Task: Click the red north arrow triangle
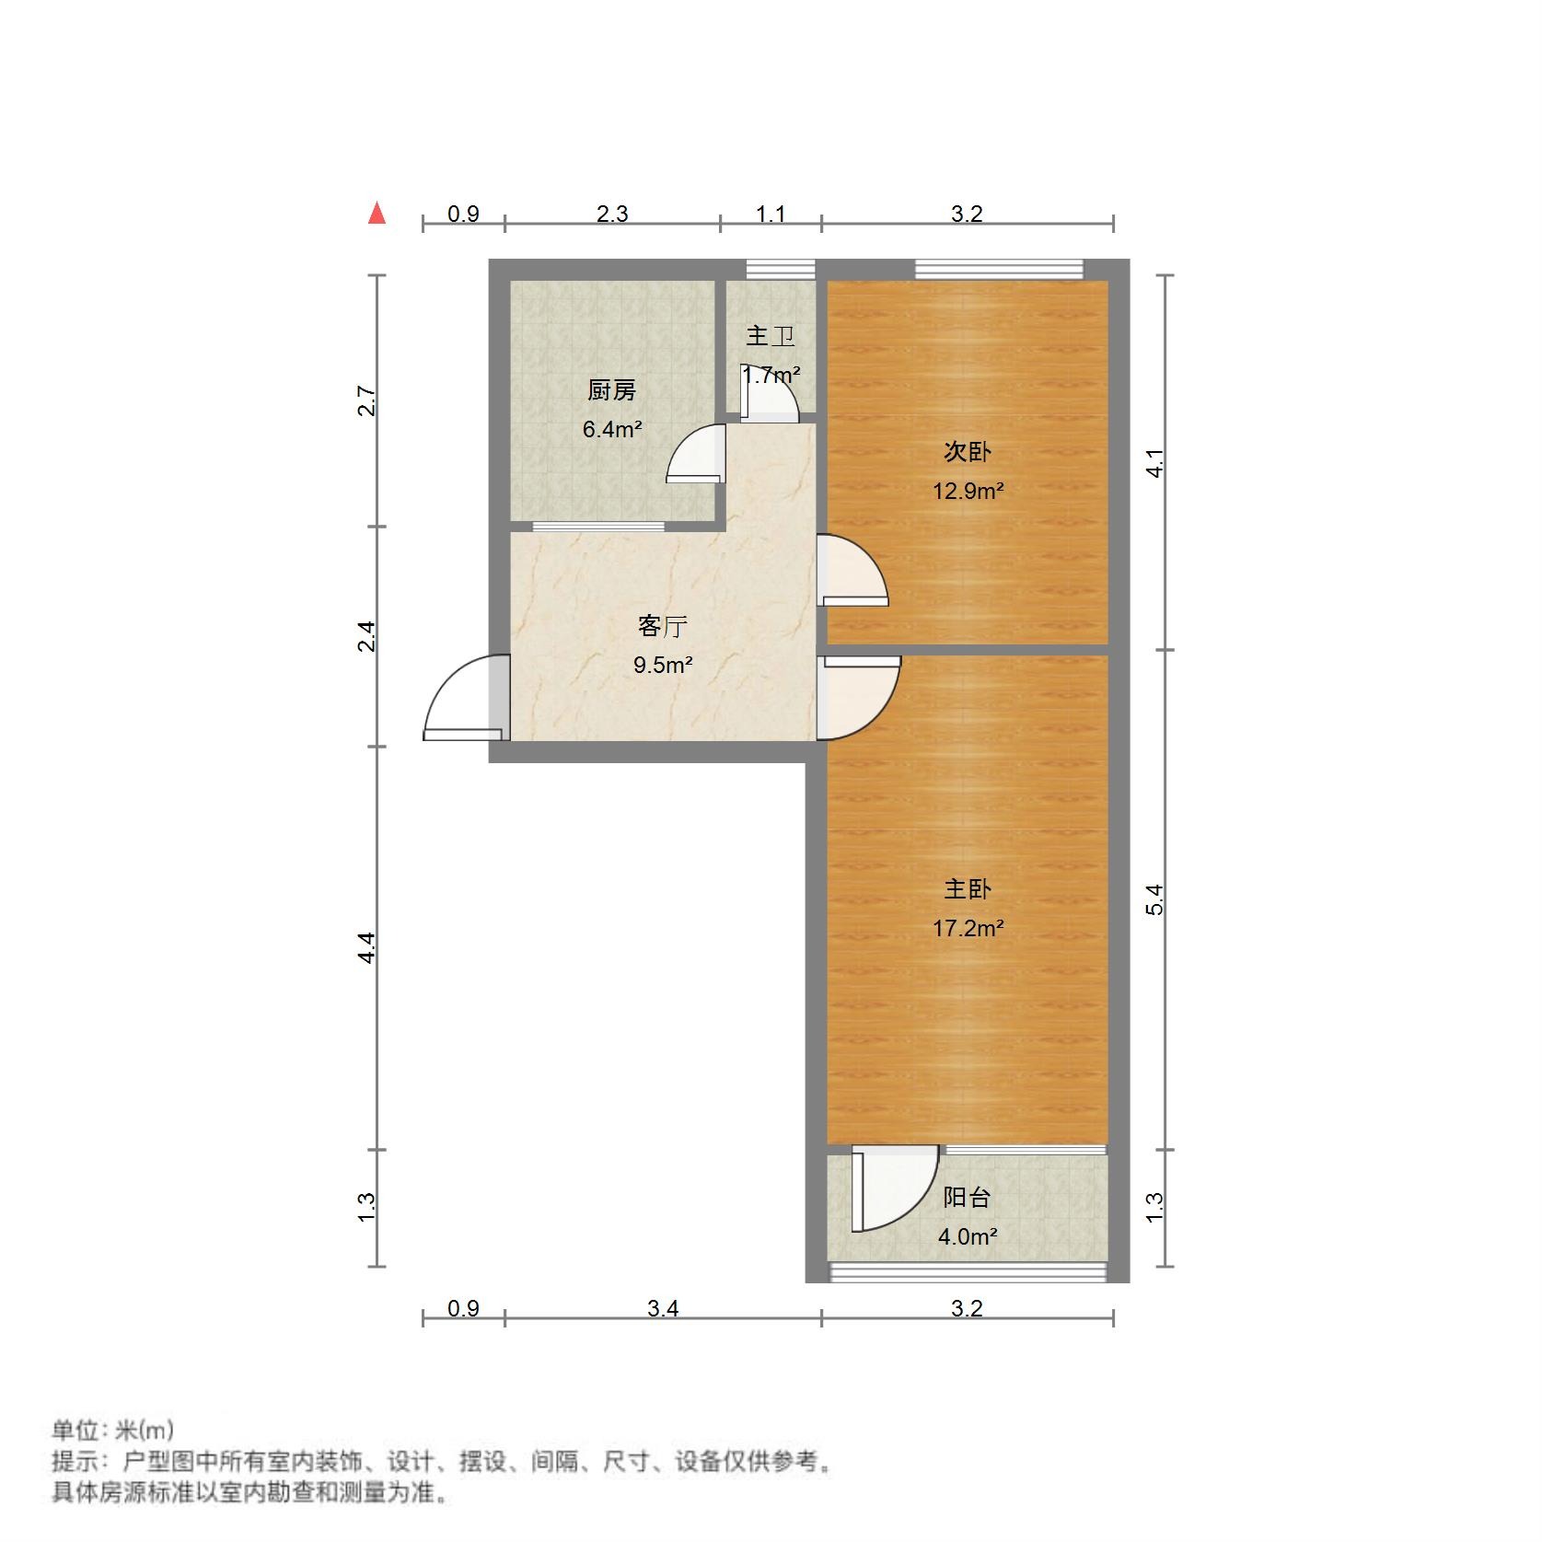377,214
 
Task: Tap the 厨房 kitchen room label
612,391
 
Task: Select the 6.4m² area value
612,429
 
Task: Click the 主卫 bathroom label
770,336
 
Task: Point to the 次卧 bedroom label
968,452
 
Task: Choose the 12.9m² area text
968,491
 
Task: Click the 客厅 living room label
663,627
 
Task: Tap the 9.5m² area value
663,665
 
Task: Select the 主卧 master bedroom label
968,889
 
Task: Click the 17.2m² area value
968,928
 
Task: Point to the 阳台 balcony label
968,1198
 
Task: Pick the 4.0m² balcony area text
968,1236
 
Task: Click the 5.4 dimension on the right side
1155,899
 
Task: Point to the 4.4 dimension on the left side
367,947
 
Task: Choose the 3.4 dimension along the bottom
663,1308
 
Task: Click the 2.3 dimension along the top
612,214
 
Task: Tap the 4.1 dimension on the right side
1155,462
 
